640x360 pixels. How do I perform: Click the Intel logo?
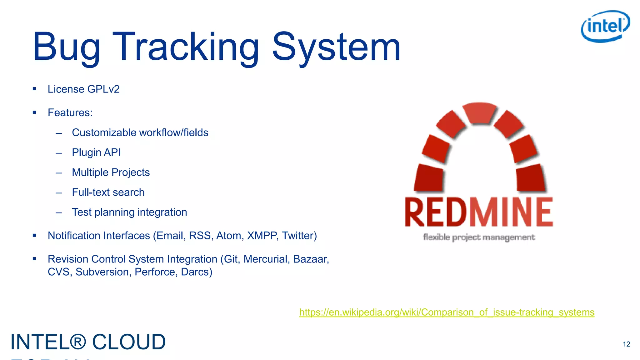[605, 26]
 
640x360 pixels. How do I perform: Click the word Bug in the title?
[66, 47]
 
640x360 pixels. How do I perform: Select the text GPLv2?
[103, 89]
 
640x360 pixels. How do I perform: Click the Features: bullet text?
[70, 113]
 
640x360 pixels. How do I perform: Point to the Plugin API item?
[96, 152]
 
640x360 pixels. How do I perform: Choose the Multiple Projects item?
[111, 172]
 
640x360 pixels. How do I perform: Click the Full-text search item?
[108, 192]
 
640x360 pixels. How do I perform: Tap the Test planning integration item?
[129, 212]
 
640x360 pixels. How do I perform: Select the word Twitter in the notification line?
[299, 236]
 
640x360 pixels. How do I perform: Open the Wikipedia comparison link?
[447, 312]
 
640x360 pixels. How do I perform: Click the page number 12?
[626, 344]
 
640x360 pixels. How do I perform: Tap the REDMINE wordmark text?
[479, 212]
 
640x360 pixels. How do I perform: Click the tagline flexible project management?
[479, 237]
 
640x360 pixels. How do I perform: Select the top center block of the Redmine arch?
[479, 113]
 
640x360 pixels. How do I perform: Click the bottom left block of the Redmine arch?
[429, 178]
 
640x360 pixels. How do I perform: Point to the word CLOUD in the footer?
[129, 342]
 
